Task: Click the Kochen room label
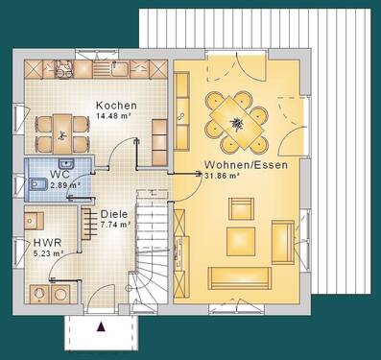(x=116, y=106)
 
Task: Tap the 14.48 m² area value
(x=116, y=117)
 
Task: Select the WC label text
(x=60, y=175)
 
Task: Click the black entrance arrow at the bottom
(x=101, y=325)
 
